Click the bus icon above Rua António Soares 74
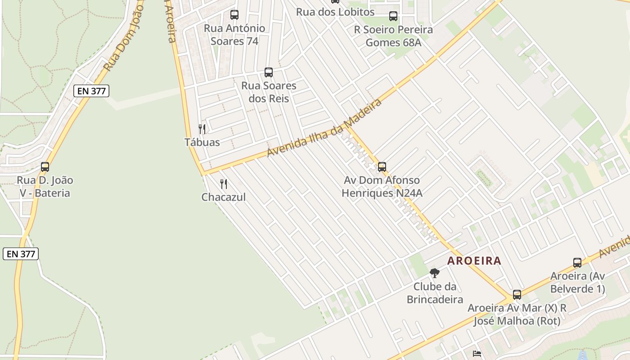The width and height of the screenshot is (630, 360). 234,15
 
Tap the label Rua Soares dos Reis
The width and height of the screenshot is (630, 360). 269,92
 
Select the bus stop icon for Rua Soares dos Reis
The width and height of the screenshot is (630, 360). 269,72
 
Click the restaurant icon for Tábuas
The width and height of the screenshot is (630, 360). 202,129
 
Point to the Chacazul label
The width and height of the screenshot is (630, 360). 224,197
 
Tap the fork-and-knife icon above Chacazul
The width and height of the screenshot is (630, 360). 224,184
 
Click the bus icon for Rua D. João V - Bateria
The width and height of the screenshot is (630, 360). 45,167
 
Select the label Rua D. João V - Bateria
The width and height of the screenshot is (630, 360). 45,187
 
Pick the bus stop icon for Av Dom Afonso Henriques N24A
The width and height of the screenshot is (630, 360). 382,167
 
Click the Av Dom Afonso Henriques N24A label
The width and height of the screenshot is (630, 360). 382,187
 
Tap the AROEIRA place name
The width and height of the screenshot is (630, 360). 474,261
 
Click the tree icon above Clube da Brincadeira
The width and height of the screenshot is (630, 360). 434,273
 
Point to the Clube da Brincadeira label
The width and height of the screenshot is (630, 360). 435,293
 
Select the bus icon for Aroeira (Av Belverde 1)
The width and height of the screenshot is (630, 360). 577,263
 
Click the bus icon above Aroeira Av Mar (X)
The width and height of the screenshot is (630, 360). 517,295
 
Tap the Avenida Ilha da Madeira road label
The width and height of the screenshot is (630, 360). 324,127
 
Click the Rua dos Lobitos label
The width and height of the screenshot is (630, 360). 335,12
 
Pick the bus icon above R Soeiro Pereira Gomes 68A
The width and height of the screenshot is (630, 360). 393,16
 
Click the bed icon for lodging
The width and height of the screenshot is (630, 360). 477,354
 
